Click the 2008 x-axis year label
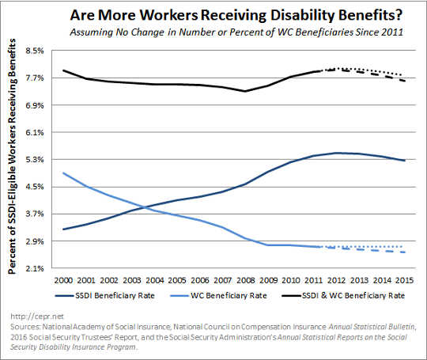(247, 280)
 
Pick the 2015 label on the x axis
(406, 280)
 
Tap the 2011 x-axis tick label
(315, 280)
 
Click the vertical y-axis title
(13, 159)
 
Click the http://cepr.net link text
(27, 314)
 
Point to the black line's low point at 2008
(247, 91)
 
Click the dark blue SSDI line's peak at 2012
(338, 153)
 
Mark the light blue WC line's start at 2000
(63, 172)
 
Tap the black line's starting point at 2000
(63, 70)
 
